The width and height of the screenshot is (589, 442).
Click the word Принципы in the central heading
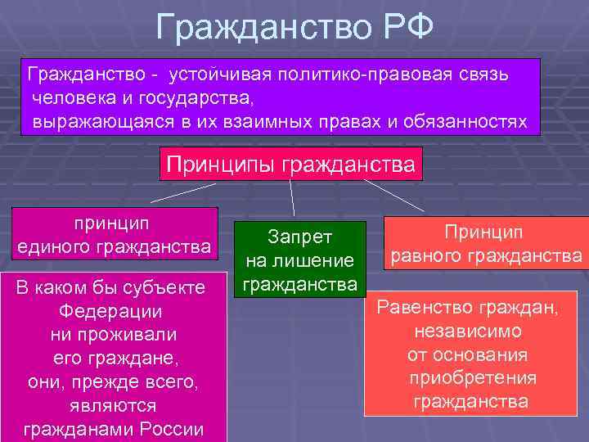220,164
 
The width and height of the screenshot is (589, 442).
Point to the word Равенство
422,309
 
